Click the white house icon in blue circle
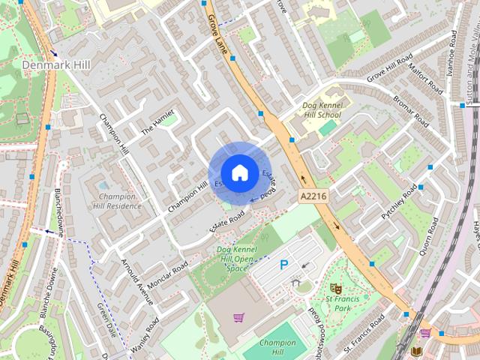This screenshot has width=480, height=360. pos(239,172)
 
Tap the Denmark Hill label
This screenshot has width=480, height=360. pos(56,66)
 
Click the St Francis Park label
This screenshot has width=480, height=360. pos(338,303)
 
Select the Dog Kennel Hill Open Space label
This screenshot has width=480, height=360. pos(234,259)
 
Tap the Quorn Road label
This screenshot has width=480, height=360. pos(428,236)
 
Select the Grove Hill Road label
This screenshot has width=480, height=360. pos(391,68)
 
